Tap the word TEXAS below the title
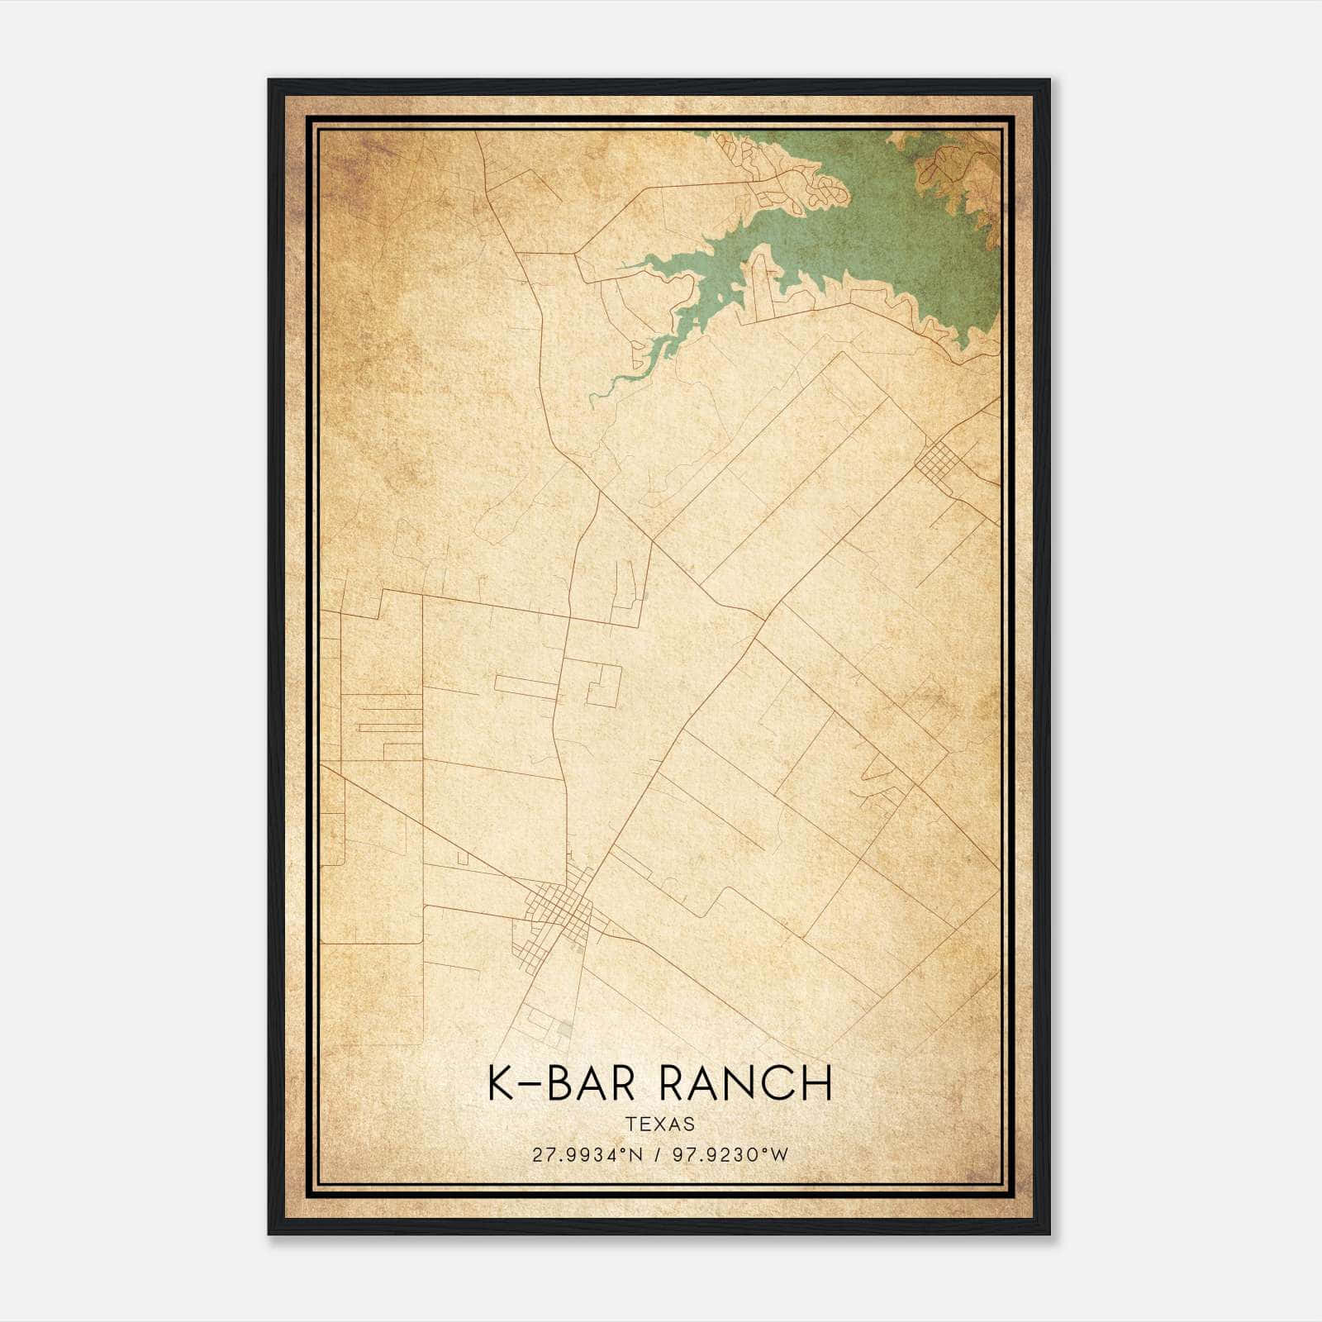point(660,1125)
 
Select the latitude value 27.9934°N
point(587,1155)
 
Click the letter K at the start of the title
point(498,1084)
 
